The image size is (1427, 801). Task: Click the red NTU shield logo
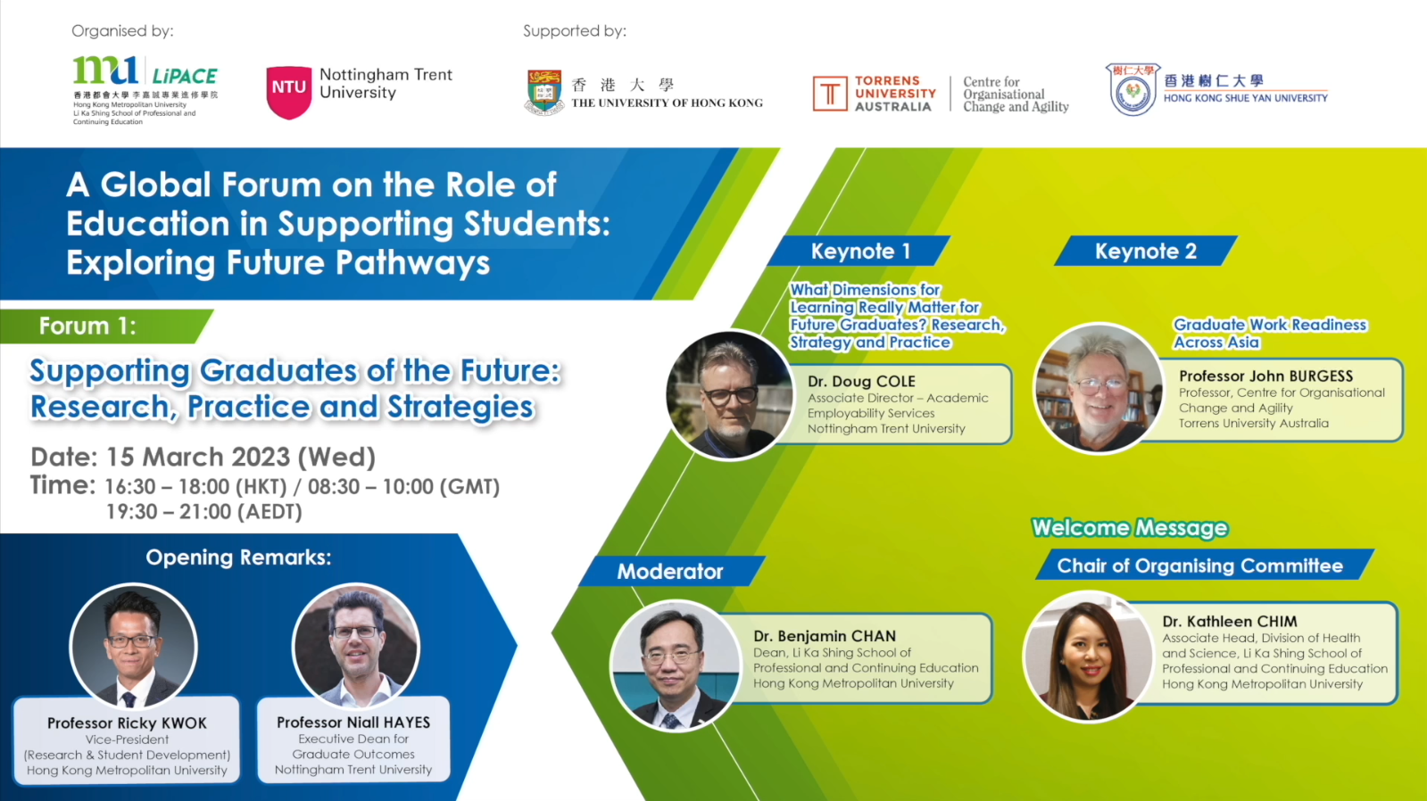click(x=288, y=92)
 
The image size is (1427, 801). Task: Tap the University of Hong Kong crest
click(x=544, y=92)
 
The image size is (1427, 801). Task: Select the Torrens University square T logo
click(x=829, y=94)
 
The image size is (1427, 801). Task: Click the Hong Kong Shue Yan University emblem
click(x=1132, y=89)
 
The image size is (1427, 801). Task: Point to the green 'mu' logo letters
click(x=105, y=70)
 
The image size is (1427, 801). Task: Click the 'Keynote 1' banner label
click(x=859, y=251)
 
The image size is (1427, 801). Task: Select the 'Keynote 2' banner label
click(x=1145, y=251)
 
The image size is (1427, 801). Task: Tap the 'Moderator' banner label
click(x=670, y=571)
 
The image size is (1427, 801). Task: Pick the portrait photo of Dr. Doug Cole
click(x=729, y=395)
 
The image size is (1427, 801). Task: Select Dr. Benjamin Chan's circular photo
click(x=676, y=665)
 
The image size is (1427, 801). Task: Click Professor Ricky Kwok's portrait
click(x=133, y=646)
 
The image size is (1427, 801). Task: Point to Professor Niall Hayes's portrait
click(x=355, y=646)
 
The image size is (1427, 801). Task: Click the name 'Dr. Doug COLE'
click(x=861, y=382)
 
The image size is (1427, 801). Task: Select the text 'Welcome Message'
click(x=1130, y=528)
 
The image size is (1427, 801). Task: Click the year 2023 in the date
click(x=261, y=457)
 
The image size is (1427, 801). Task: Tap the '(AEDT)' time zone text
click(x=270, y=511)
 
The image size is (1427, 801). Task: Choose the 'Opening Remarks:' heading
click(x=239, y=557)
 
